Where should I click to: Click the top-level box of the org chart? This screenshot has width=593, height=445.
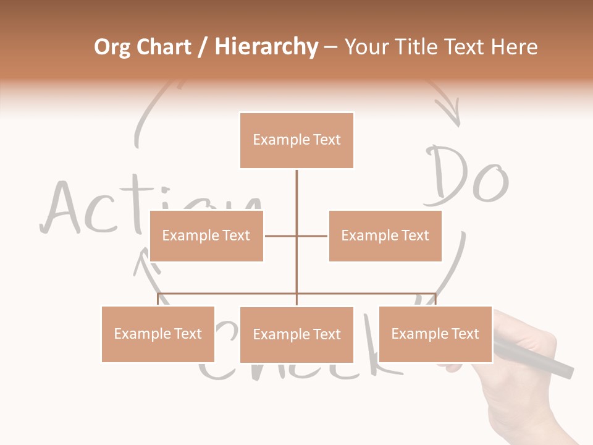(x=296, y=140)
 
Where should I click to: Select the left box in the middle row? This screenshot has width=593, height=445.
(x=206, y=235)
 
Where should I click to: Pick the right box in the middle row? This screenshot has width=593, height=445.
(x=385, y=235)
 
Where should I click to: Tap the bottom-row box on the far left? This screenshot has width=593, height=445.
(x=158, y=334)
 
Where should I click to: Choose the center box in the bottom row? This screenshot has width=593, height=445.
(x=296, y=334)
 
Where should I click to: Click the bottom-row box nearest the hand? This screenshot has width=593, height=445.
(x=435, y=334)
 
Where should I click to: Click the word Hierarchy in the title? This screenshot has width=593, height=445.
(x=266, y=47)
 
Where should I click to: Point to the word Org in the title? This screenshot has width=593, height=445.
(x=112, y=47)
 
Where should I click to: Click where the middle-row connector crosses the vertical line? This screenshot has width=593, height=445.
(x=296, y=235)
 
